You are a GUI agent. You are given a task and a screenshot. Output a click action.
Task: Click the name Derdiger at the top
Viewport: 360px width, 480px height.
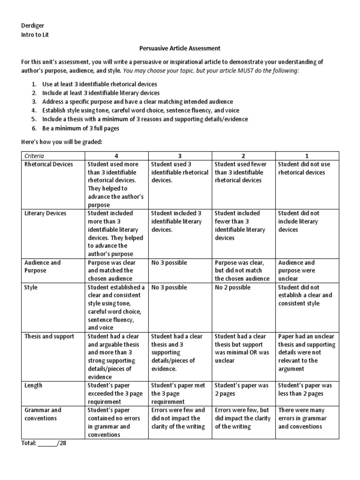tap(33, 26)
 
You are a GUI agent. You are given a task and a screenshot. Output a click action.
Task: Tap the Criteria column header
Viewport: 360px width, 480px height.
tap(36, 156)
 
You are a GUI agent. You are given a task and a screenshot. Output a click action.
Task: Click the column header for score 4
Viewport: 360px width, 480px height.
tap(117, 156)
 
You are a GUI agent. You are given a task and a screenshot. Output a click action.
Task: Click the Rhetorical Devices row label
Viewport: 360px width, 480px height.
tap(49, 164)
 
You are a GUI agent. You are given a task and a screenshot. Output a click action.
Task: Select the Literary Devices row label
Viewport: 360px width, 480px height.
tap(45, 213)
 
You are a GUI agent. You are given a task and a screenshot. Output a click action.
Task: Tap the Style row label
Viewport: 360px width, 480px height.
tap(31, 287)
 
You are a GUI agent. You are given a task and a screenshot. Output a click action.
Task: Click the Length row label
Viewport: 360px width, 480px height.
tap(34, 385)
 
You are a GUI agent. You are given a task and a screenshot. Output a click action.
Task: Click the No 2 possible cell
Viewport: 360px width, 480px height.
tap(233, 287)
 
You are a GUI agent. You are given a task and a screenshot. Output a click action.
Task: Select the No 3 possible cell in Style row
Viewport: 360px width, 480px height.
tap(169, 287)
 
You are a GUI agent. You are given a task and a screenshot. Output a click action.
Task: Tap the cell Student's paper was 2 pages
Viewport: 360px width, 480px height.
tap(242, 390)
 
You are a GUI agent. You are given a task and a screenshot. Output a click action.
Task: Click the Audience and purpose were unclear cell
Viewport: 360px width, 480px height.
tap(297, 270)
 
